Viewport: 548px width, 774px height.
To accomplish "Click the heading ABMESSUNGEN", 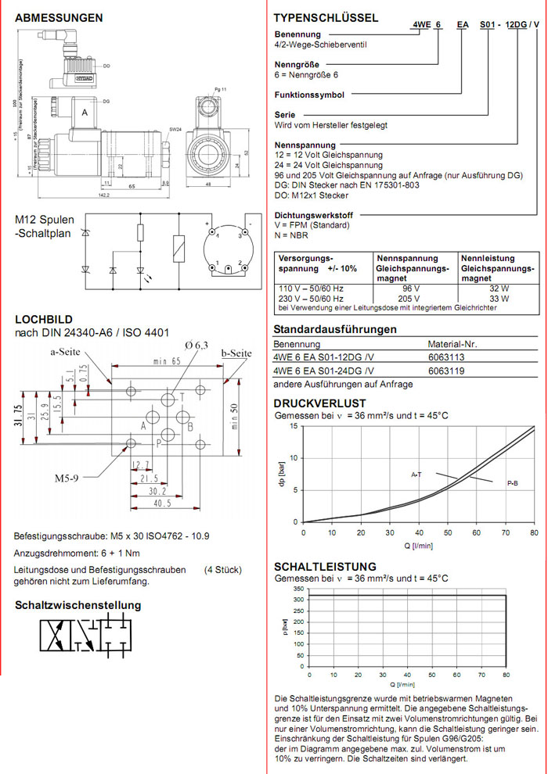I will tap(59, 17).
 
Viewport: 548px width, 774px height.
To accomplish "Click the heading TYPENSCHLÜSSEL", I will tap(326, 17).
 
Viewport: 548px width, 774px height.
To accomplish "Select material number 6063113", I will tap(445, 357).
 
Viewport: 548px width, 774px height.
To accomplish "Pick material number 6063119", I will tap(445, 370).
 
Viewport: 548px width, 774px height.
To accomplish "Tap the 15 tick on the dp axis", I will tap(294, 426).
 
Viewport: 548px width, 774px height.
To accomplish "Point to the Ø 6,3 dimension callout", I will tap(198, 345).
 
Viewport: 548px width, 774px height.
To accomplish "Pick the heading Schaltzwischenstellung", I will tap(78, 605).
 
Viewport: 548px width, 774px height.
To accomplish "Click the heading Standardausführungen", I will tap(335, 329).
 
